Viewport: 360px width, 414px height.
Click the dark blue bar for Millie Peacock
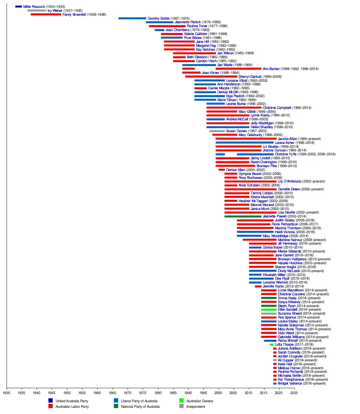[x=19, y=7]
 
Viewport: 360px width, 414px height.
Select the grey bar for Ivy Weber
[x=37, y=10]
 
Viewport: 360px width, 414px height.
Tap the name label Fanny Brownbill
[x=74, y=14]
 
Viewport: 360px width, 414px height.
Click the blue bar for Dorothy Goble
[x=132, y=18]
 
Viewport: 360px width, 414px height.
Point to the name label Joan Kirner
[x=210, y=73]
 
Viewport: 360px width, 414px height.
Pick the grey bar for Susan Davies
[x=217, y=131]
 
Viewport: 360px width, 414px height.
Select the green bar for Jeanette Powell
[x=243, y=216]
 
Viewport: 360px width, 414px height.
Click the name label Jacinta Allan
[x=287, y=139]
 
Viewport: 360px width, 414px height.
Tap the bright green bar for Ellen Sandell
[x=269, y=309]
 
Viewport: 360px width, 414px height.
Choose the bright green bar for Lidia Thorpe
[x=272, y=344]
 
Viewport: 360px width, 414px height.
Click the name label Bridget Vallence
[x=290, y=383]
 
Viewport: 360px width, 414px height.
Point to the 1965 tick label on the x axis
[x=112, y=393]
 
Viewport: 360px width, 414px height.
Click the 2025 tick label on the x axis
[x=294, y=393]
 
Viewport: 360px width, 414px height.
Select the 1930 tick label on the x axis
[x=7, y=393]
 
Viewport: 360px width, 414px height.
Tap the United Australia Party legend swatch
[x=51, y=401]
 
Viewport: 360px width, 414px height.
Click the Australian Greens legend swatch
[x=181, y=401]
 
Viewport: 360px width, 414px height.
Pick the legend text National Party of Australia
[x=140, y=406]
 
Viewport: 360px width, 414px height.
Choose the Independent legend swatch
[x=181, y=406]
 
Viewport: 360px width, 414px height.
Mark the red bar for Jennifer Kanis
[x=258, y=286]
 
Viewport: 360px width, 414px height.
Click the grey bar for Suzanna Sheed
[x=269, y=313]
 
